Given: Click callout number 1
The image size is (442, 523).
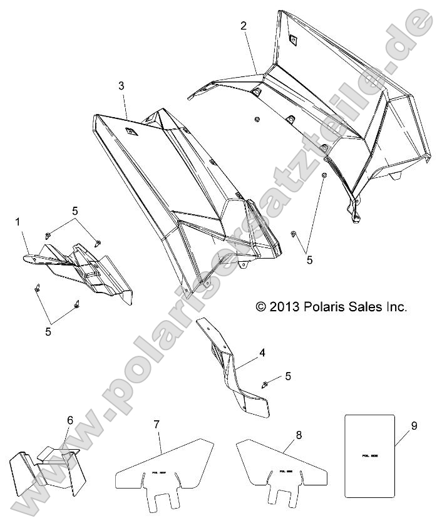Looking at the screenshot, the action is click(x=18, y=222).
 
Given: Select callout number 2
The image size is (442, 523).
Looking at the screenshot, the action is click(x=244, y=26).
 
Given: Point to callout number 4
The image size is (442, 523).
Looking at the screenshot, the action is click(x=262, y=353).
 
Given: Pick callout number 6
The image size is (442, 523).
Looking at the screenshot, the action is click(x=70, y=420).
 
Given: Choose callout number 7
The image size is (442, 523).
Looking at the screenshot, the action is click(x=157, y=425).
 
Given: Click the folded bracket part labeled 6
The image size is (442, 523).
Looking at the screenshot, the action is click(x=47, y=473).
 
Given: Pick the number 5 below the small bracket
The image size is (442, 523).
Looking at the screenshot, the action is click(x=48, y=332).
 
